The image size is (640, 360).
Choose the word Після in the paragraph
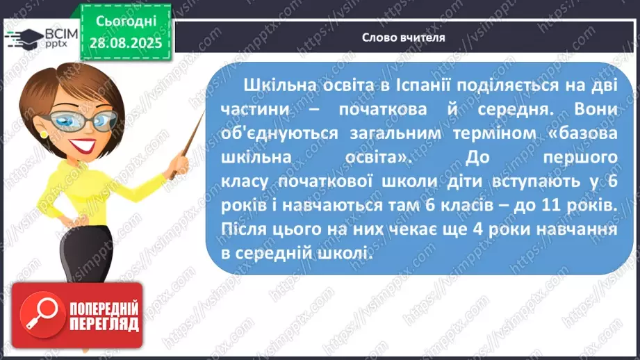tap(244, 229)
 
